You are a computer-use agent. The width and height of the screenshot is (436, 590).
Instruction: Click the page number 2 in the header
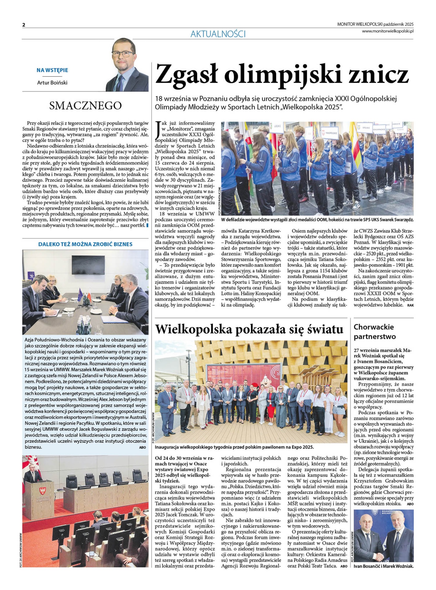[x=24, y=25]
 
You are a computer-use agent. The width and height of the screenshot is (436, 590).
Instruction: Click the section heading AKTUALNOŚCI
[x=218, y=34]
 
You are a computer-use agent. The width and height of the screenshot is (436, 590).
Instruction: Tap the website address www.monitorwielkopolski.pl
[x=387, y=31]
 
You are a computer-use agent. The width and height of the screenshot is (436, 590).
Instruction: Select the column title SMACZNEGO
[x=85, y=105]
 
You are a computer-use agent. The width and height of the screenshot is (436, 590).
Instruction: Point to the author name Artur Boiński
[x=52, y=83]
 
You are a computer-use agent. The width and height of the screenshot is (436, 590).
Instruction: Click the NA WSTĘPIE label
[x=52, y=70]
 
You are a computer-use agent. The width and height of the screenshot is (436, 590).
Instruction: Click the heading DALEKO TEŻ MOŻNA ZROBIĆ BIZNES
[x=85, y=244]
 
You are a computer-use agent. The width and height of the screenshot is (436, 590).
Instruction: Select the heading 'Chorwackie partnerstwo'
[x=375, y=332]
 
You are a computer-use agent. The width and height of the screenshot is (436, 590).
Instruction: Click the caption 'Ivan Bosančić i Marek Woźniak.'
[x=383, y=566]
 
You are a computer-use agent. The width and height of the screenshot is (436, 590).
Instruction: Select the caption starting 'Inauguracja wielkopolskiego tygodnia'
[x=234, y=447]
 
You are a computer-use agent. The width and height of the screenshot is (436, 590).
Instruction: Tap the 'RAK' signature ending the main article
[x=410, y=305]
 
